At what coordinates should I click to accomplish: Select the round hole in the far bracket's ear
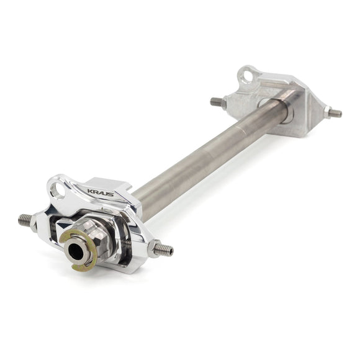pos(248,76)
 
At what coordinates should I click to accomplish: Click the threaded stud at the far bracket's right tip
pos(335,113)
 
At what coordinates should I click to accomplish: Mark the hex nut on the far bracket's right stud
pos(326,111)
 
